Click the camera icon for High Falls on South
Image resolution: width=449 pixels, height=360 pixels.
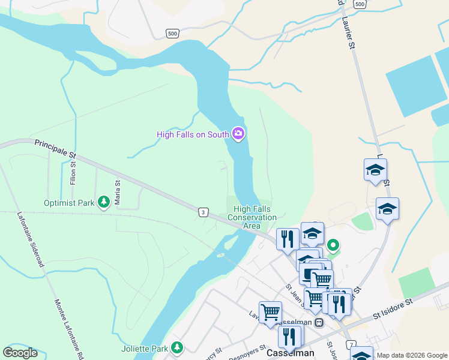point(238,134)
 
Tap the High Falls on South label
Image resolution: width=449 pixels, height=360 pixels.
point(193,134)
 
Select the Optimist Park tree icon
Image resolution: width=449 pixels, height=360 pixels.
point(103,202)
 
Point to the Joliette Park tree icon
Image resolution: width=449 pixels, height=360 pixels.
point(176,347)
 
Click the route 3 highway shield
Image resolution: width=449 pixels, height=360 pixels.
point(204,212)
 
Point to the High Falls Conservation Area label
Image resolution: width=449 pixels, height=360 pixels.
point(252,217)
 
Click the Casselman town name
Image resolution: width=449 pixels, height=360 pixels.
point(291,354)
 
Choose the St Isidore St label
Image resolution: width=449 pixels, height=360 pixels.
point(394,308)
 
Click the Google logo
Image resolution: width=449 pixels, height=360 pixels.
point(20,353)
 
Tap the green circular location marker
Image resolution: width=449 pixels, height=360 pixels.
point(330,245)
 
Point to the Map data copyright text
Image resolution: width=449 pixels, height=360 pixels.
point(412,355)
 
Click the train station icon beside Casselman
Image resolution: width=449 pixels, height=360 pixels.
point(319,323)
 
